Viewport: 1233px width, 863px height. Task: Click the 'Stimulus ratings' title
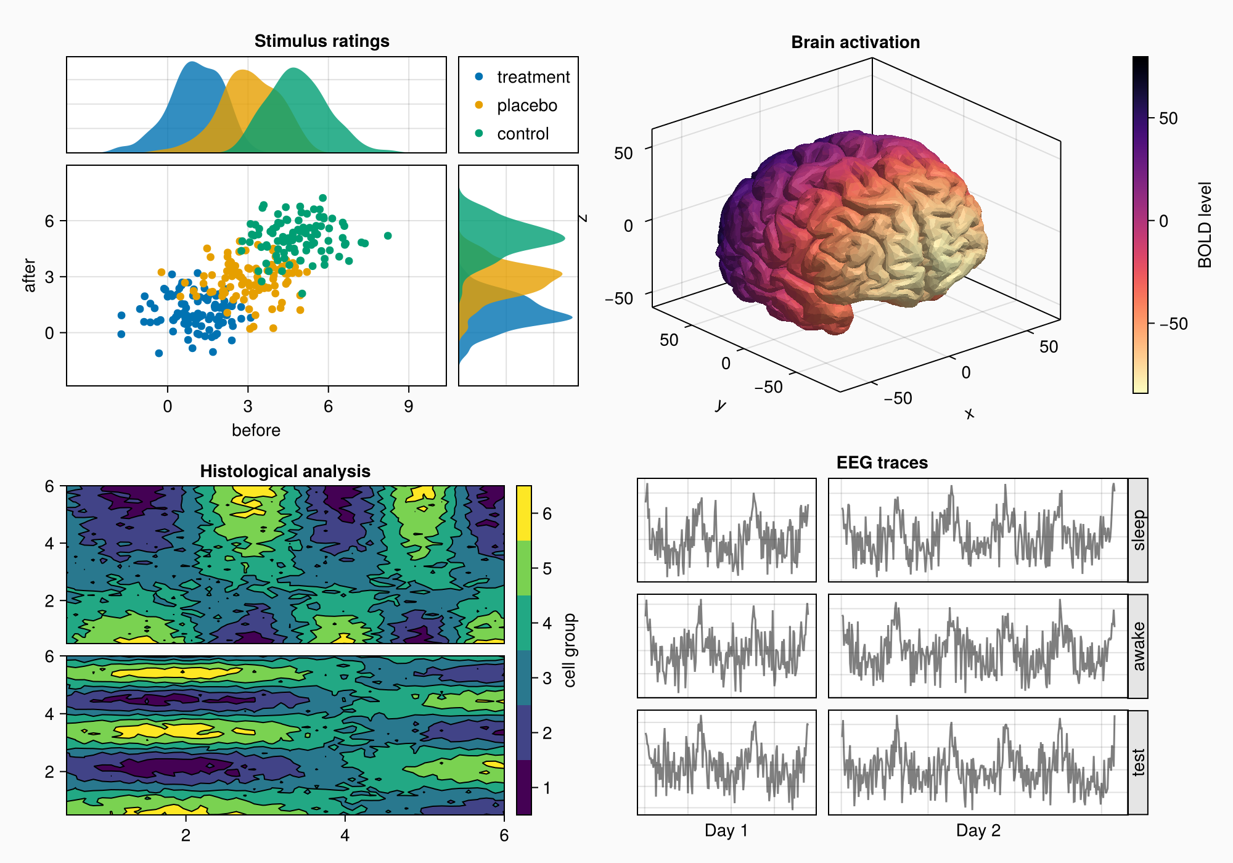[322, 41]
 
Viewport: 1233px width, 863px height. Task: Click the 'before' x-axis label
[256, 430]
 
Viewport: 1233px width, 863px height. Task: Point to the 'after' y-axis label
[30, 275]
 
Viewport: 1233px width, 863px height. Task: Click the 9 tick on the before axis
[408, 406]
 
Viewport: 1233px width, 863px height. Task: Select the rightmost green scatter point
[388, 235]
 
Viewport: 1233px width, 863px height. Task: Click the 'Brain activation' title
[855, 42]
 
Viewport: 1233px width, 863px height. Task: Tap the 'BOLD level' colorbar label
[1205, 225]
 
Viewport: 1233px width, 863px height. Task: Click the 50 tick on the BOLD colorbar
[1168, 118]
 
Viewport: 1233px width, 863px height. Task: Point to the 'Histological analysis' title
[285, 472]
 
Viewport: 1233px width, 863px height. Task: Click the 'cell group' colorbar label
[570, 650]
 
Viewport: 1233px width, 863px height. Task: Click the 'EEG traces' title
[882, 463]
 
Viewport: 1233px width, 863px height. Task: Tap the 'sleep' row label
[1138, 530]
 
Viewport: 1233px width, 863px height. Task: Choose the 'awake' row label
[1138, 646]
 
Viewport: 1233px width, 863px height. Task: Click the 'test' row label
[1138, 763]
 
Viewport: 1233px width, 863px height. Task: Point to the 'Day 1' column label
[726, 830]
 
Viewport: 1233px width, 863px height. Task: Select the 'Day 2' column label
[978, 830]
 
